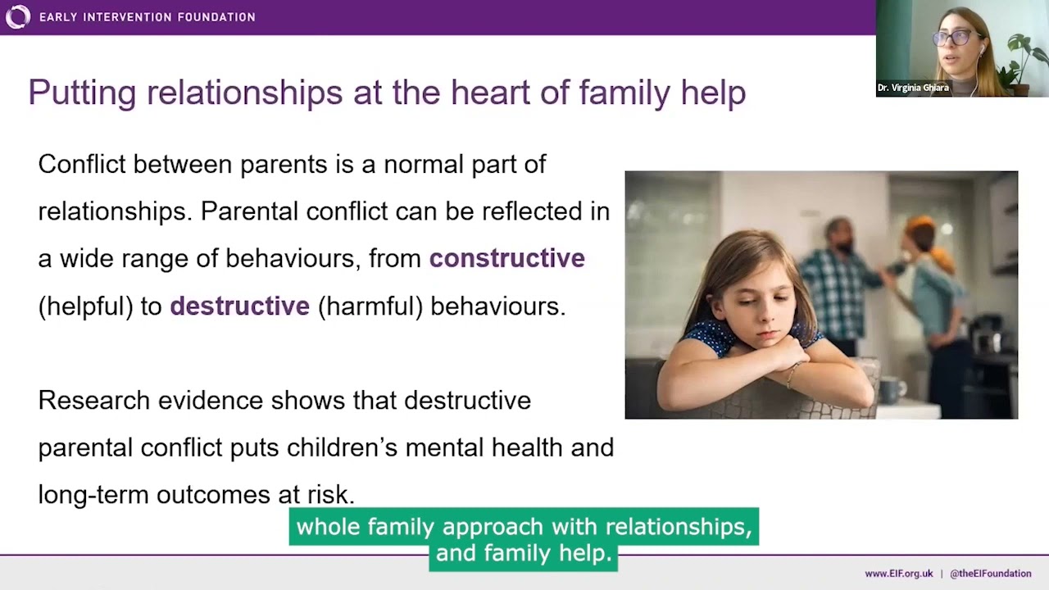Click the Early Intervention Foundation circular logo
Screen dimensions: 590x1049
coord(17,16)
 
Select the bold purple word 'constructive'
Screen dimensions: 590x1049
coord(506,258)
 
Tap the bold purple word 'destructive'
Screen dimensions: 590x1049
coord(239,306)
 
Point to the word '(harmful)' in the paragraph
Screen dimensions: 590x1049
coord(370,306)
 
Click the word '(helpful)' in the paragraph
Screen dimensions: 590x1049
coord(85,306)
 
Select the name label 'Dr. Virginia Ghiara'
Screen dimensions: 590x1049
coord(913,88)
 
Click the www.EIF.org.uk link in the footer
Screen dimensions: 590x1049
coord(898,574)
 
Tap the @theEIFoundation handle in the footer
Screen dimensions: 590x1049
coord(990,574)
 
